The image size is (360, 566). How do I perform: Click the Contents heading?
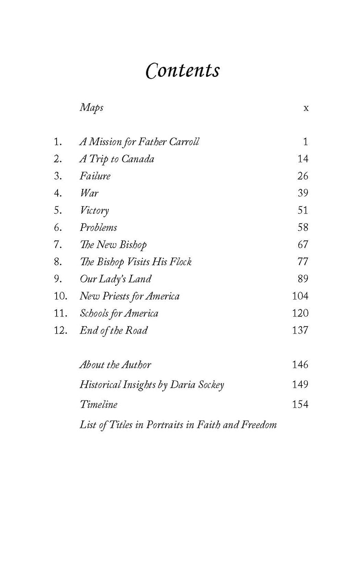[182, 71]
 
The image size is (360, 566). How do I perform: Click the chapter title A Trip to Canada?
[116, 159]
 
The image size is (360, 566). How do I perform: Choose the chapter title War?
[89, 193]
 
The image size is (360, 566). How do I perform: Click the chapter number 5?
[58, 210]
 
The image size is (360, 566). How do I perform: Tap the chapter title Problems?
[98, 227]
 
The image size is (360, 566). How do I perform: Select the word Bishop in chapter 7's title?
[132, 245]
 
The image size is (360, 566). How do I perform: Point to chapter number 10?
[60, 296]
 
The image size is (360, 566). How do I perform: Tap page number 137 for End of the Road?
[300, 330]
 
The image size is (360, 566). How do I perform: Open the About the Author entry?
[115, 365]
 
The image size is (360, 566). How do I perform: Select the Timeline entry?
[98, 405]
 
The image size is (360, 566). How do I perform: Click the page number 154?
[300, 405]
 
